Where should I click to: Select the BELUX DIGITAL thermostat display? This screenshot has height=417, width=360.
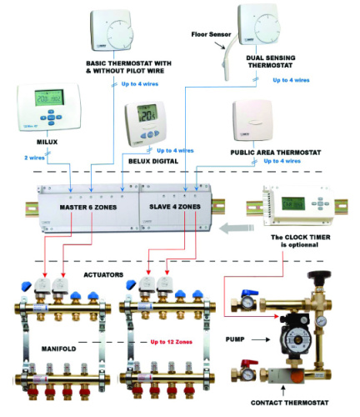pos(148,116)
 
